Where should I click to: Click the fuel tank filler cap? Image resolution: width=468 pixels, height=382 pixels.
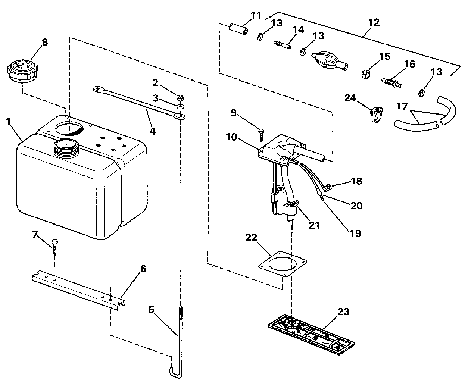tap(22, 71)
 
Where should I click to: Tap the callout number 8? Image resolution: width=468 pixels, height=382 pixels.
tap(45, 42)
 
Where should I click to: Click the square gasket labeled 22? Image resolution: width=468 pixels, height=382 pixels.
tap(283, 264)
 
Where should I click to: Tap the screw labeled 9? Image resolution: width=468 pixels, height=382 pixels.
tap(261, 135)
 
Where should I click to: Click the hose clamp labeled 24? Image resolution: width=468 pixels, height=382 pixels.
tap(376, 114)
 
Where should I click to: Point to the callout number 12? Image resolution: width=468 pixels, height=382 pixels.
tap(374, 22)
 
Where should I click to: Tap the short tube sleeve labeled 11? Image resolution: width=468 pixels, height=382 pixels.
tap(238, 29)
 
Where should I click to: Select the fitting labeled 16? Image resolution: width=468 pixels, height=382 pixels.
tap(391, 83)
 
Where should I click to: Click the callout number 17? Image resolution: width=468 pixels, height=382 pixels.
tap(402, 106)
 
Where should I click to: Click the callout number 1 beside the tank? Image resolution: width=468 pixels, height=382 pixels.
tap(9, 121)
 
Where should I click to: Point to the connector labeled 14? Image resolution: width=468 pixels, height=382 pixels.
tap(283, 45)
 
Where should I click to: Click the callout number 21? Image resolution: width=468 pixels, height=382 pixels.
tap(314, 225)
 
